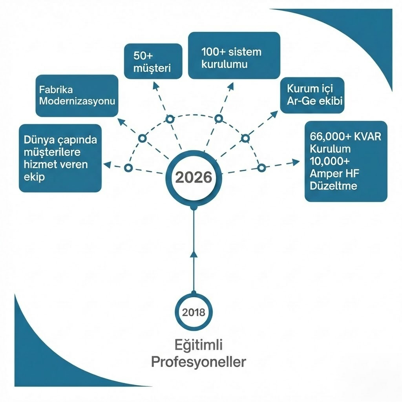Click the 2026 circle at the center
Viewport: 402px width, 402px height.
[x=193, y=178]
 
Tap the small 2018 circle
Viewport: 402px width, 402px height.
[x=194, y=313]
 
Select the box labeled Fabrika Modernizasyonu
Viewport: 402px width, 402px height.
[x=77, y=95]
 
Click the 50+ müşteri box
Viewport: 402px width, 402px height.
[x=153, y=61]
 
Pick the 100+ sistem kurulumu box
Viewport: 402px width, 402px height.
[x=234, y=55]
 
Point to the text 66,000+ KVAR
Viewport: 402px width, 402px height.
[x=345, y=137]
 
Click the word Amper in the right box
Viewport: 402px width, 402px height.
[x=323, y=173]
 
